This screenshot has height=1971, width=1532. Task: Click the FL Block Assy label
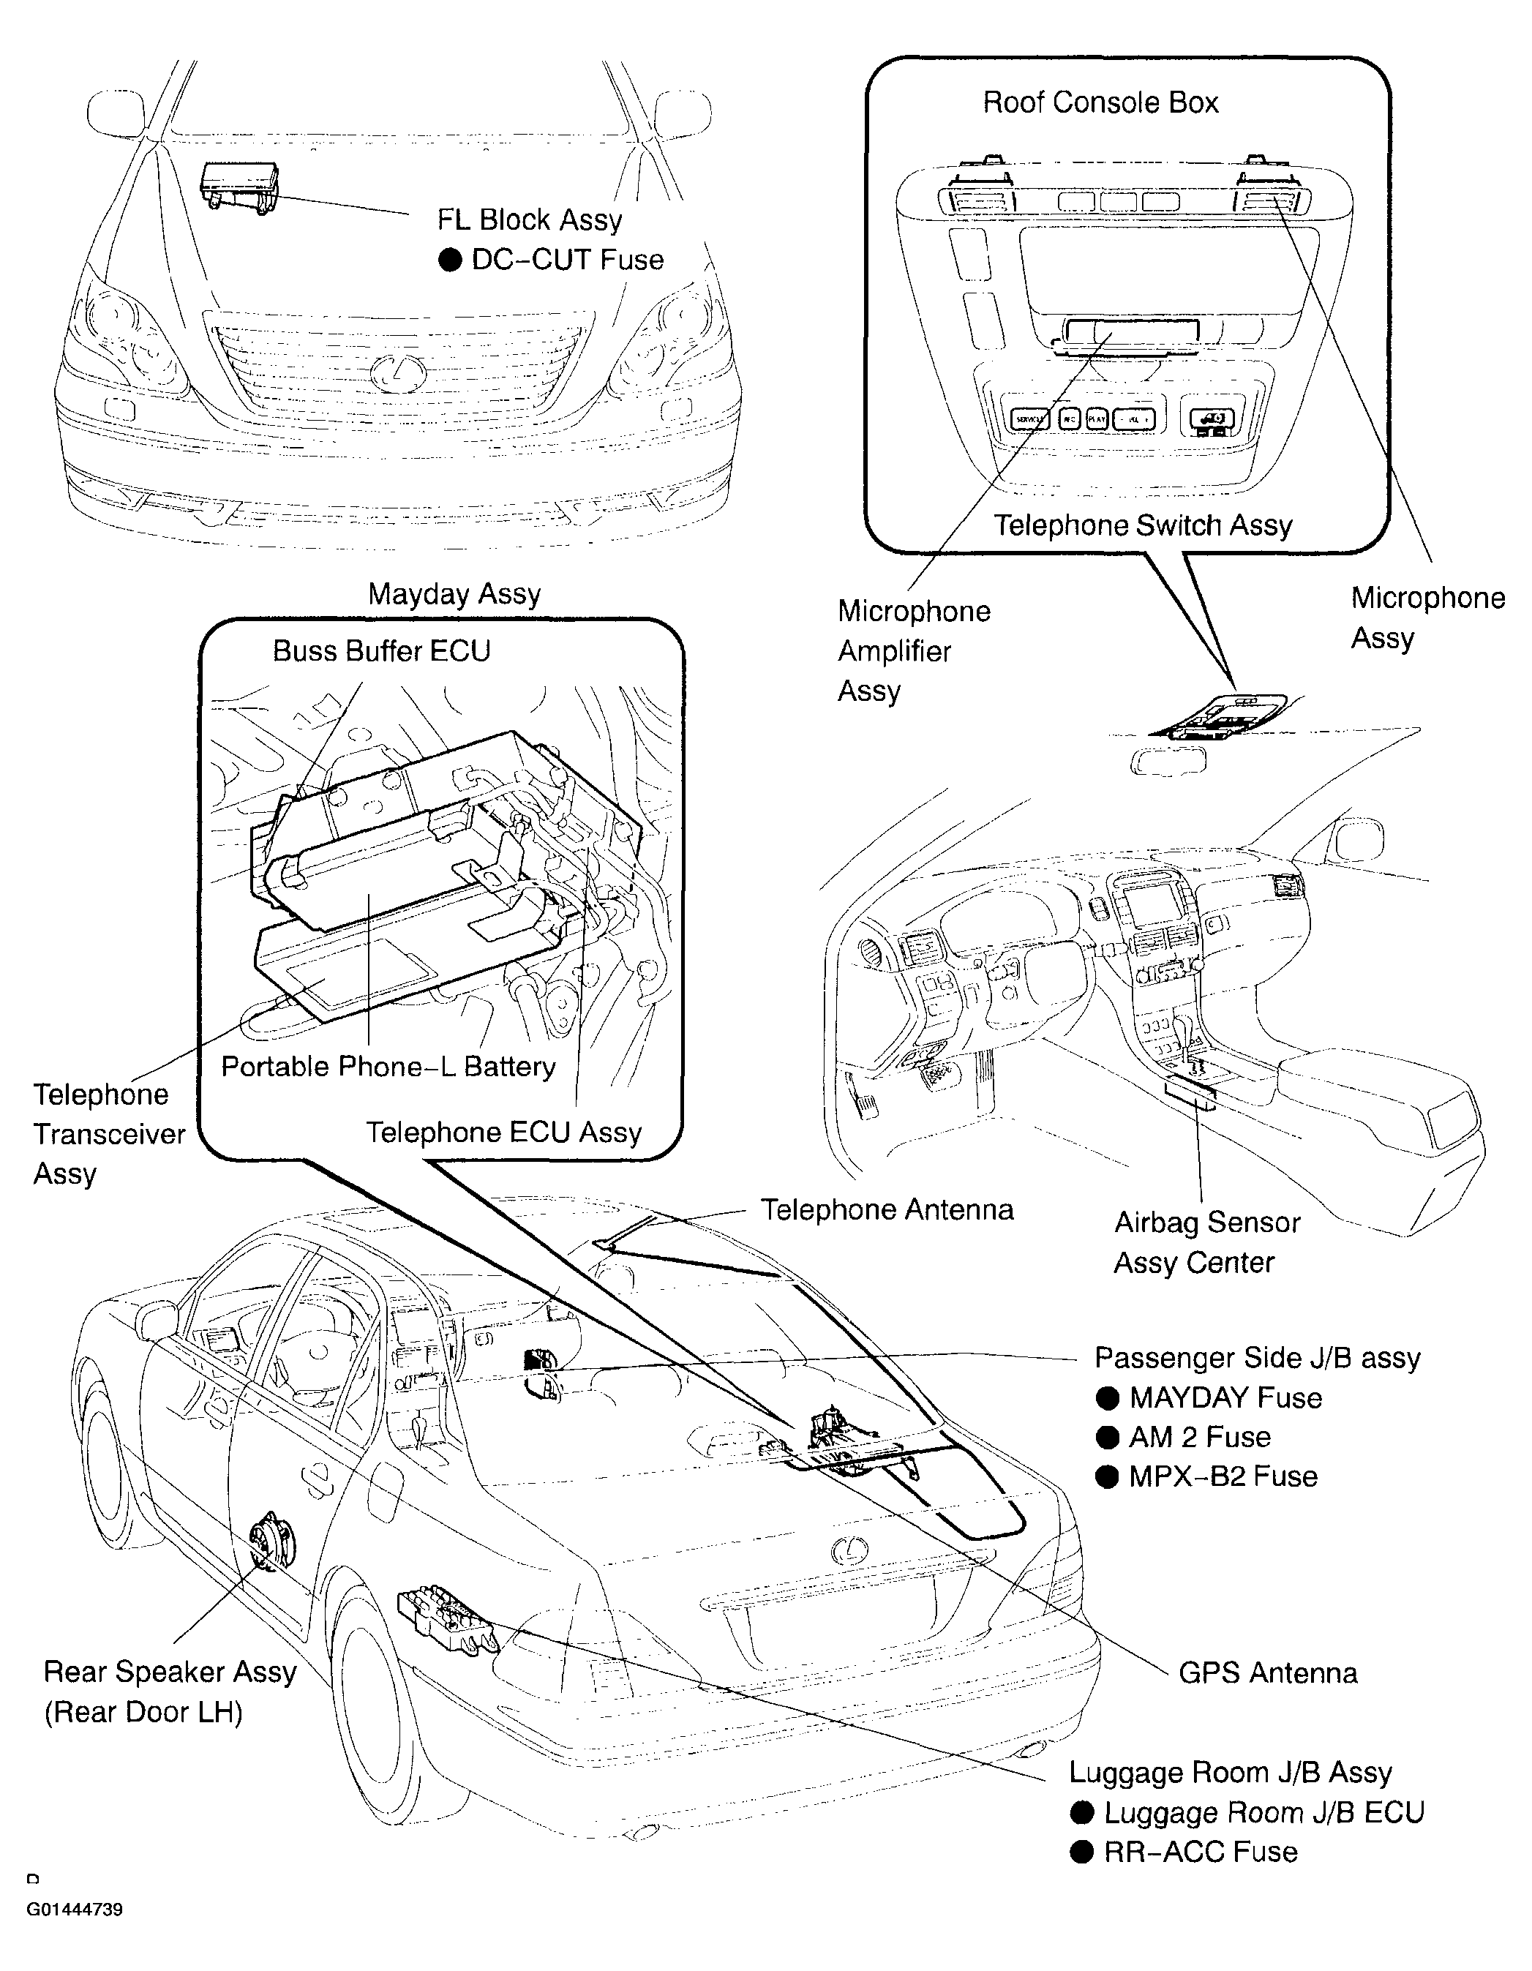pyautogui.click(x=530, y=220)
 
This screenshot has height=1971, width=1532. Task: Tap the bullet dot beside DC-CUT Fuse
pyautogui.click(x=449, y=260)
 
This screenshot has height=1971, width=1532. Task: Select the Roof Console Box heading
pyautogui.click(x=1101, y=103)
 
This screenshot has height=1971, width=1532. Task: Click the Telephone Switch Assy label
pyautogui.click(x=1143, y=525)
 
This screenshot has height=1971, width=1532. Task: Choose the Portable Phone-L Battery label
pyautogui.click(x=388, y=1067)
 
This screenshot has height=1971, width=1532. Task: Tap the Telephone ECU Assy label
pyautogui.click(x=503, y=1133)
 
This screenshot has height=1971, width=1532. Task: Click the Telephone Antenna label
pyautogui.click(x=887, y=1210)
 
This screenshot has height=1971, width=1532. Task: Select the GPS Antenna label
pyautogui.click(x=1268, y=1673)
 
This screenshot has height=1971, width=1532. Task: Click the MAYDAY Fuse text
pyautogui.click(x=1225, y=1398)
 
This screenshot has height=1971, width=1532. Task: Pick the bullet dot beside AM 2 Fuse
pyautogui.click(x=1107, y=1438)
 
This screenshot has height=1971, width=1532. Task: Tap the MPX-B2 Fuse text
pyautogui.click(x=1223, y=1477)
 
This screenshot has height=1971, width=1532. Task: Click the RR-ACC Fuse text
pyautogui.click(x=1201, y=1852)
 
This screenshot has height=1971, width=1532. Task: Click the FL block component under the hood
pyautogui.click(x=239, y=189)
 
